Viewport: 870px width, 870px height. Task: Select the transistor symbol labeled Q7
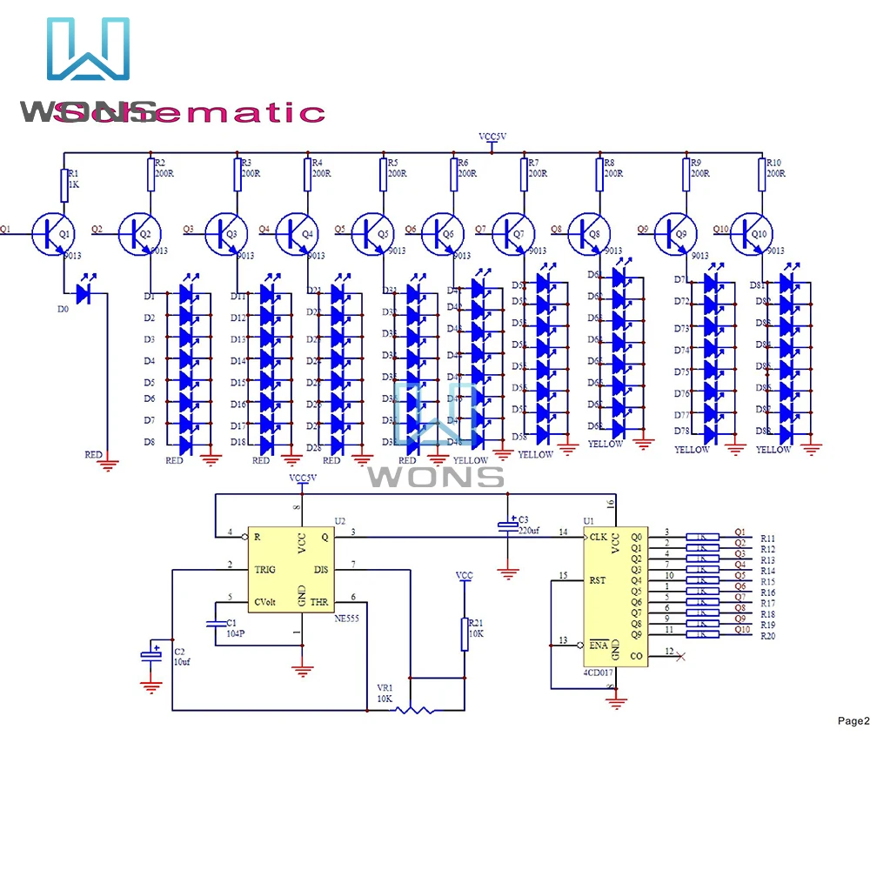coord(514,233)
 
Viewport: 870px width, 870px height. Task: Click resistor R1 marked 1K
coord(65,185)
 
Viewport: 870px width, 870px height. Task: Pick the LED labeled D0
coord(84,294)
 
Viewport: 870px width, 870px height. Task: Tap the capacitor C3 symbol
coord(507,526)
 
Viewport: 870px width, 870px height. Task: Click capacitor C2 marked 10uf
coord(152,654)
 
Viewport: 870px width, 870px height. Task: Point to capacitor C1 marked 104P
coord(213,624)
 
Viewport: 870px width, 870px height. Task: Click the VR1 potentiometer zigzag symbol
coord(415,711)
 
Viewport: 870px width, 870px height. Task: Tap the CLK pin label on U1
coord(599,537)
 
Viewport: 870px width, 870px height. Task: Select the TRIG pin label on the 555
coord(265,570)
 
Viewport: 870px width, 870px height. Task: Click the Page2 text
coord(853,720)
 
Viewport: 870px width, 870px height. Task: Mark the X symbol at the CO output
coord(680,655)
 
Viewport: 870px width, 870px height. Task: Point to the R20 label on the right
coord(768,637)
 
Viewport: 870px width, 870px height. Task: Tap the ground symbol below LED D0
coord(108,465)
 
